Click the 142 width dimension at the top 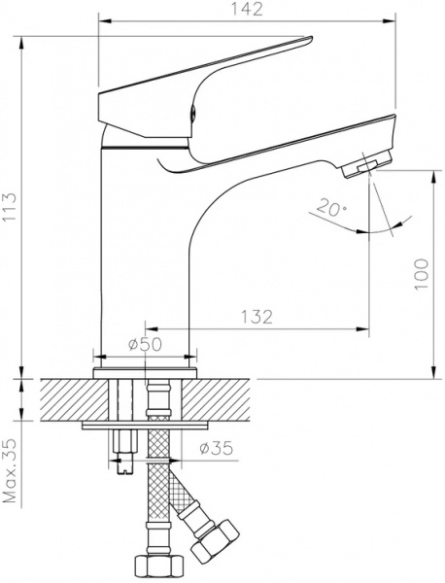[x=254, y=11]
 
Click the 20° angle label [x=329, y=208]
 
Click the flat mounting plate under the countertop [x=146, y=426]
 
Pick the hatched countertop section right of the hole [x=228, y=398]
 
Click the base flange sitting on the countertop [x=147, y=371]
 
